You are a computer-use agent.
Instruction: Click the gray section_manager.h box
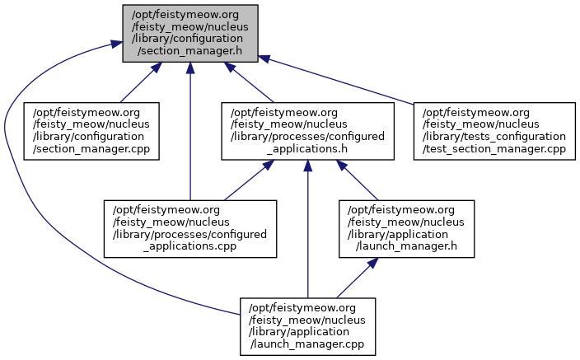point(190,34)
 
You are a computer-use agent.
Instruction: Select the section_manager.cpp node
point(91,131)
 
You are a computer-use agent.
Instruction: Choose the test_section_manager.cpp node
point(493,131)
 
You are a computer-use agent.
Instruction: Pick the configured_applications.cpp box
point(190,228)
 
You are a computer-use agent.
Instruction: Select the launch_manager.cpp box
point(308,325)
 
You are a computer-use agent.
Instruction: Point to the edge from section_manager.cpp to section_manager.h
point(136,86)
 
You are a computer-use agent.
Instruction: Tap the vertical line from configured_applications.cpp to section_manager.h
point(190,132)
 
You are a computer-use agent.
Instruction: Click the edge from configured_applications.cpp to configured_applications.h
point(244,182)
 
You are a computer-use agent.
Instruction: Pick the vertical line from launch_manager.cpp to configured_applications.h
point(308,231)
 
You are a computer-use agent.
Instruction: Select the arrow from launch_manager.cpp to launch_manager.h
point(354,278)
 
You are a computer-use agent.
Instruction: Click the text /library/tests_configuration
point(493,136)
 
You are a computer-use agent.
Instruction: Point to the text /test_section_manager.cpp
point(493,149)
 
